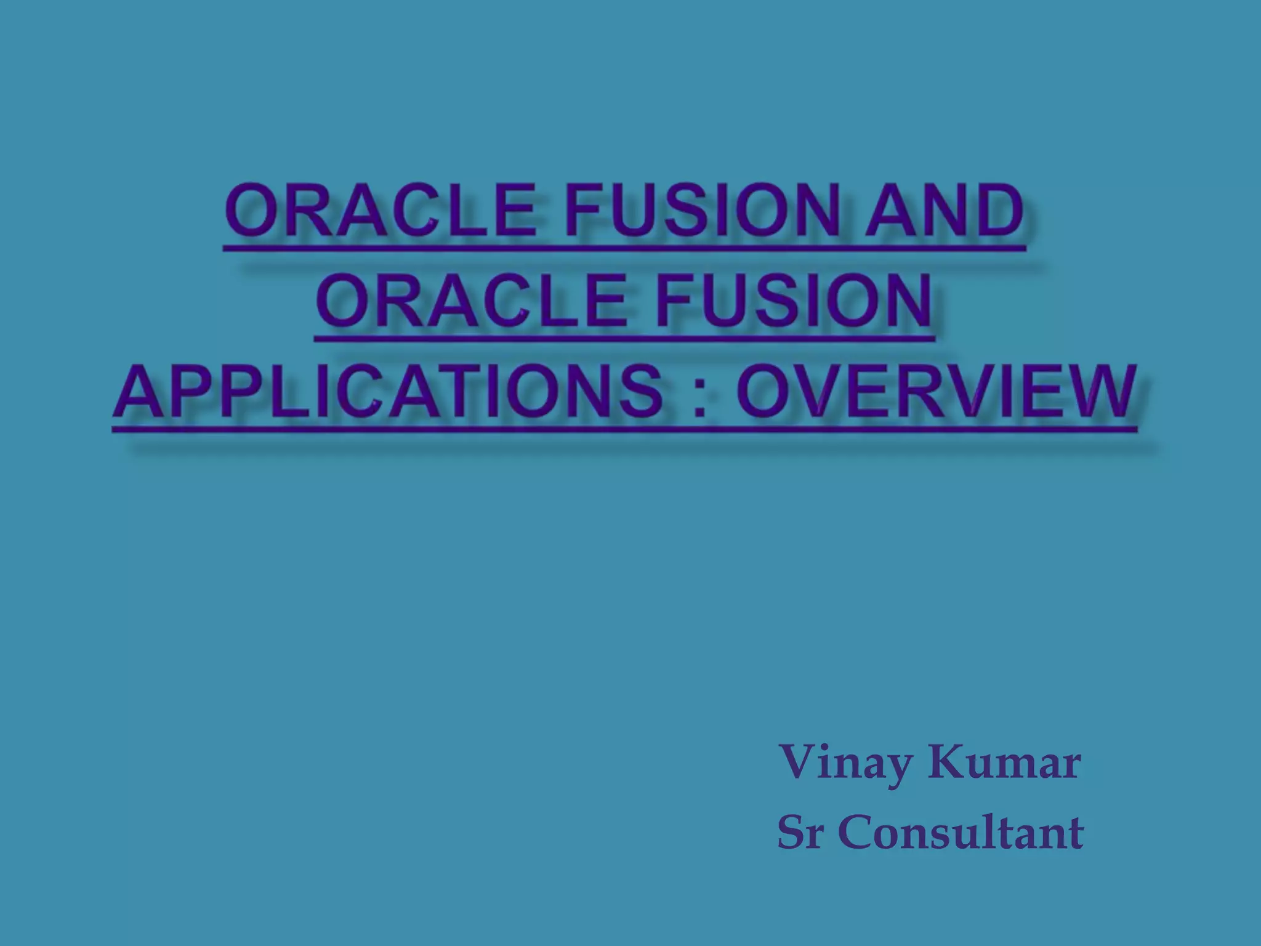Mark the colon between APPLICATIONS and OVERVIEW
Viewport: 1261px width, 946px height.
[700, 397]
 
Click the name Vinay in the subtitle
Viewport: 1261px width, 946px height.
[846, 764]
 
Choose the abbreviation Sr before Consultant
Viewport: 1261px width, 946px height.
[800, 833]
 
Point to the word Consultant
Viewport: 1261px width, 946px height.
[961, 833]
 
